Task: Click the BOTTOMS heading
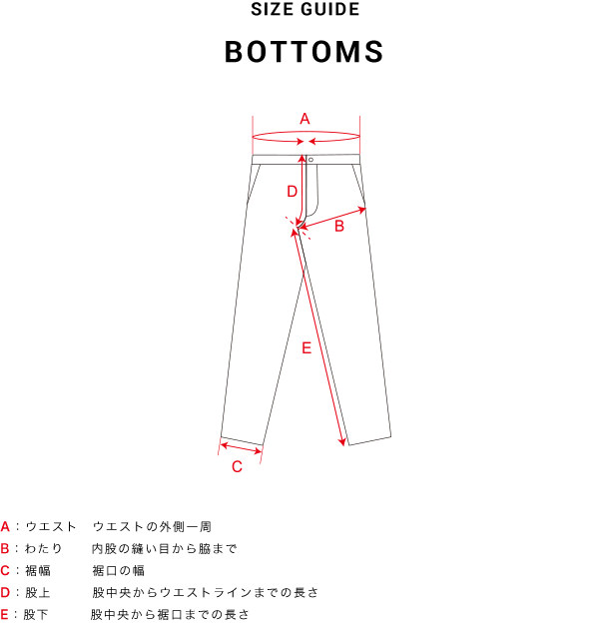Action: click(x=304, y=53)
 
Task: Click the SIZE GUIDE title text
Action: click(x=304, y=11)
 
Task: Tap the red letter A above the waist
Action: click(x=304, y=119)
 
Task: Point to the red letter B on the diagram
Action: click(x=338, y=227)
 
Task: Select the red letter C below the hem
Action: click(x=237, y=466)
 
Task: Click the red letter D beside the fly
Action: click(x=292, y=191)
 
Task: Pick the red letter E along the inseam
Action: click(x=306, y=348)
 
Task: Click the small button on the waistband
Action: click(x=311, y=159)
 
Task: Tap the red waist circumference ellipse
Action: click(x=305, y=137)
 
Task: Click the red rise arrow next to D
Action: click(x=302, y=190)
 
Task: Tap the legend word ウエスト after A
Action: click(x=51, y=526)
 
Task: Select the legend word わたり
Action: click(x=44, y=548)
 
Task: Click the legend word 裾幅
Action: click(x=37, y=570)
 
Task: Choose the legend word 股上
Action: click(x=37, y=592)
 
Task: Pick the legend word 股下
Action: click(x=37, y=614)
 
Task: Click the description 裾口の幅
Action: click(x=119, y=570)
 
